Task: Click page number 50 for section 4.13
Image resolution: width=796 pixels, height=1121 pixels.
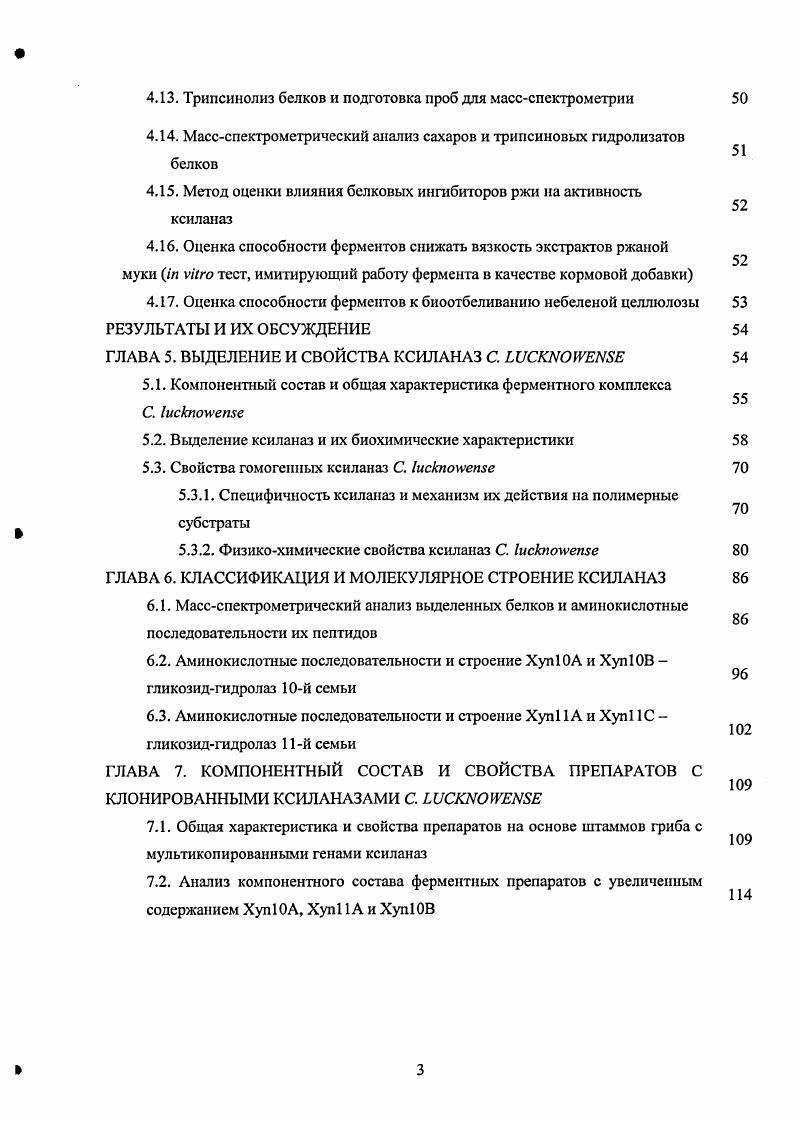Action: [740, 99]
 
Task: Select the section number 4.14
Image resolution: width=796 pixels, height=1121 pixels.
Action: [161, 136]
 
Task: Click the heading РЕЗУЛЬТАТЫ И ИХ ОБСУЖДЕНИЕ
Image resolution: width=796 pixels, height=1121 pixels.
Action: [238, 329]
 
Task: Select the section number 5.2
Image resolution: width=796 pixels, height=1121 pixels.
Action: [154, 440]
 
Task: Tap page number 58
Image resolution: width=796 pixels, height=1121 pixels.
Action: [740, 440]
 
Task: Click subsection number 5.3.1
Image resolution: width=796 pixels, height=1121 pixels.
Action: [195, 495]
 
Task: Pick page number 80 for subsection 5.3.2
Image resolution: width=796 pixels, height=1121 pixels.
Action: [740, 550]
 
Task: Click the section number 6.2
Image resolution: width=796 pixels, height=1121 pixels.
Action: [158, 660]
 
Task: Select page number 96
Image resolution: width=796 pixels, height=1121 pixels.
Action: [740, 674]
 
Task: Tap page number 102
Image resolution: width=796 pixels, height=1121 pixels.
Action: [739, 730]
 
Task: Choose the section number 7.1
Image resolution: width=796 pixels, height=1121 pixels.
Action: [158, 826]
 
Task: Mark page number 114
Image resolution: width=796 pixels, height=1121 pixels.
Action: [739, 895]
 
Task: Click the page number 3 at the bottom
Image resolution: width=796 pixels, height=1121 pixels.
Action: [420, 1070]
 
